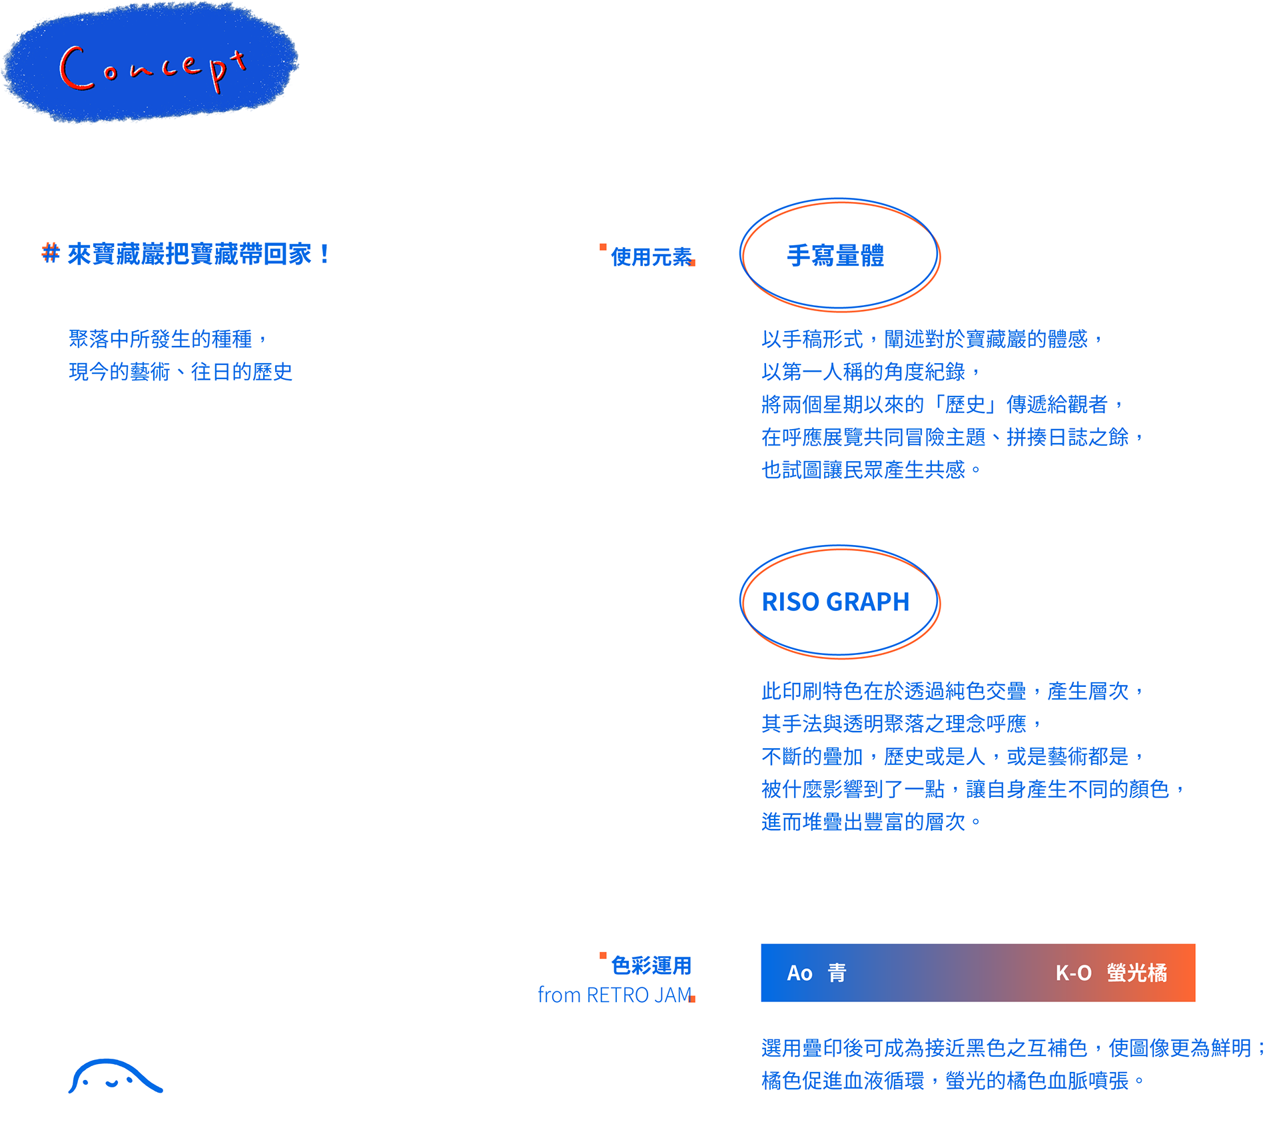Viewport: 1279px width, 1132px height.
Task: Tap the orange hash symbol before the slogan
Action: coord(50,253)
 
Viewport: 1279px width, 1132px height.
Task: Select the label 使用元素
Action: coord(651,257)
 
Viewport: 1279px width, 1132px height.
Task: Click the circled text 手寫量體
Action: coord(835,256)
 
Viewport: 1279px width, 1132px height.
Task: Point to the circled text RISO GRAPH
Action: coord(835,602)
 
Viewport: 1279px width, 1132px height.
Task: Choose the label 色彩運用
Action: coord(651,965)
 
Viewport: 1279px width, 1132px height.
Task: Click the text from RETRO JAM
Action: coord(614,995)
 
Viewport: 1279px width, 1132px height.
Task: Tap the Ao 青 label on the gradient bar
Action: coord(817,973)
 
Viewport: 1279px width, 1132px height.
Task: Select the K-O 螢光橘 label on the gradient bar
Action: coord(1111,973)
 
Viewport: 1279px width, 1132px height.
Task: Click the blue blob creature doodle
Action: coord(115,1077)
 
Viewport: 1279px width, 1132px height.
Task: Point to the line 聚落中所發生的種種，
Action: coord(168,339)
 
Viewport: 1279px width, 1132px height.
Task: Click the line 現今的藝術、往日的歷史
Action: coord(181,372)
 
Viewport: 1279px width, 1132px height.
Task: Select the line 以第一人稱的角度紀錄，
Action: coord(870,372)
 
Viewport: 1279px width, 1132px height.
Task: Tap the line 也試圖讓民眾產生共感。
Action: coord(870,470)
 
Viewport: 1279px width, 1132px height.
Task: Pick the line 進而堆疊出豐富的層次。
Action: coord(870,822)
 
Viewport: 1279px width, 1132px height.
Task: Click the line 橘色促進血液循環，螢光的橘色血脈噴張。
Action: coord(953,1081)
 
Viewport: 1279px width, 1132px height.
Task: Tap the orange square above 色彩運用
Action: coord(603,955)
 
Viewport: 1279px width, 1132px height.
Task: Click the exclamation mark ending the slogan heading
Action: coord(324,254)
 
